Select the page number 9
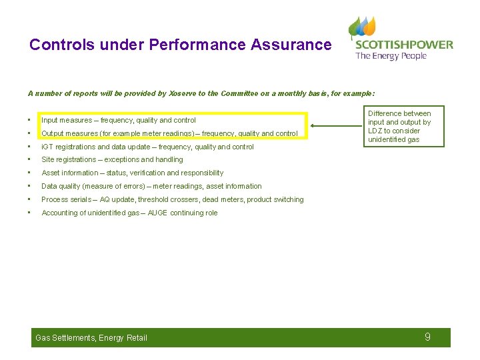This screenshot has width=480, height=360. click(427, 337)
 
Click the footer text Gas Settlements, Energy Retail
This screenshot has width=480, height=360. click(91, 338)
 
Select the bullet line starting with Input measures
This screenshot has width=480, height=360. click(119, 121)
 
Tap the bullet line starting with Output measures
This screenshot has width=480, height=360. click(169, 133)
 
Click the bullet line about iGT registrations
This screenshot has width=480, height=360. click(147, 147)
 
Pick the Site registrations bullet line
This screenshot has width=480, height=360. click(112, 160)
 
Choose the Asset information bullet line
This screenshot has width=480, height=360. click(132, 173)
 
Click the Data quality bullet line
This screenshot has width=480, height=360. click(151, 187)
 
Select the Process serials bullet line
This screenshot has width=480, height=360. click(172, 200)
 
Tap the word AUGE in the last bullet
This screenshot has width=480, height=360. click(157, 213)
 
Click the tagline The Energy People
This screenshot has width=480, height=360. click(391, 57)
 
